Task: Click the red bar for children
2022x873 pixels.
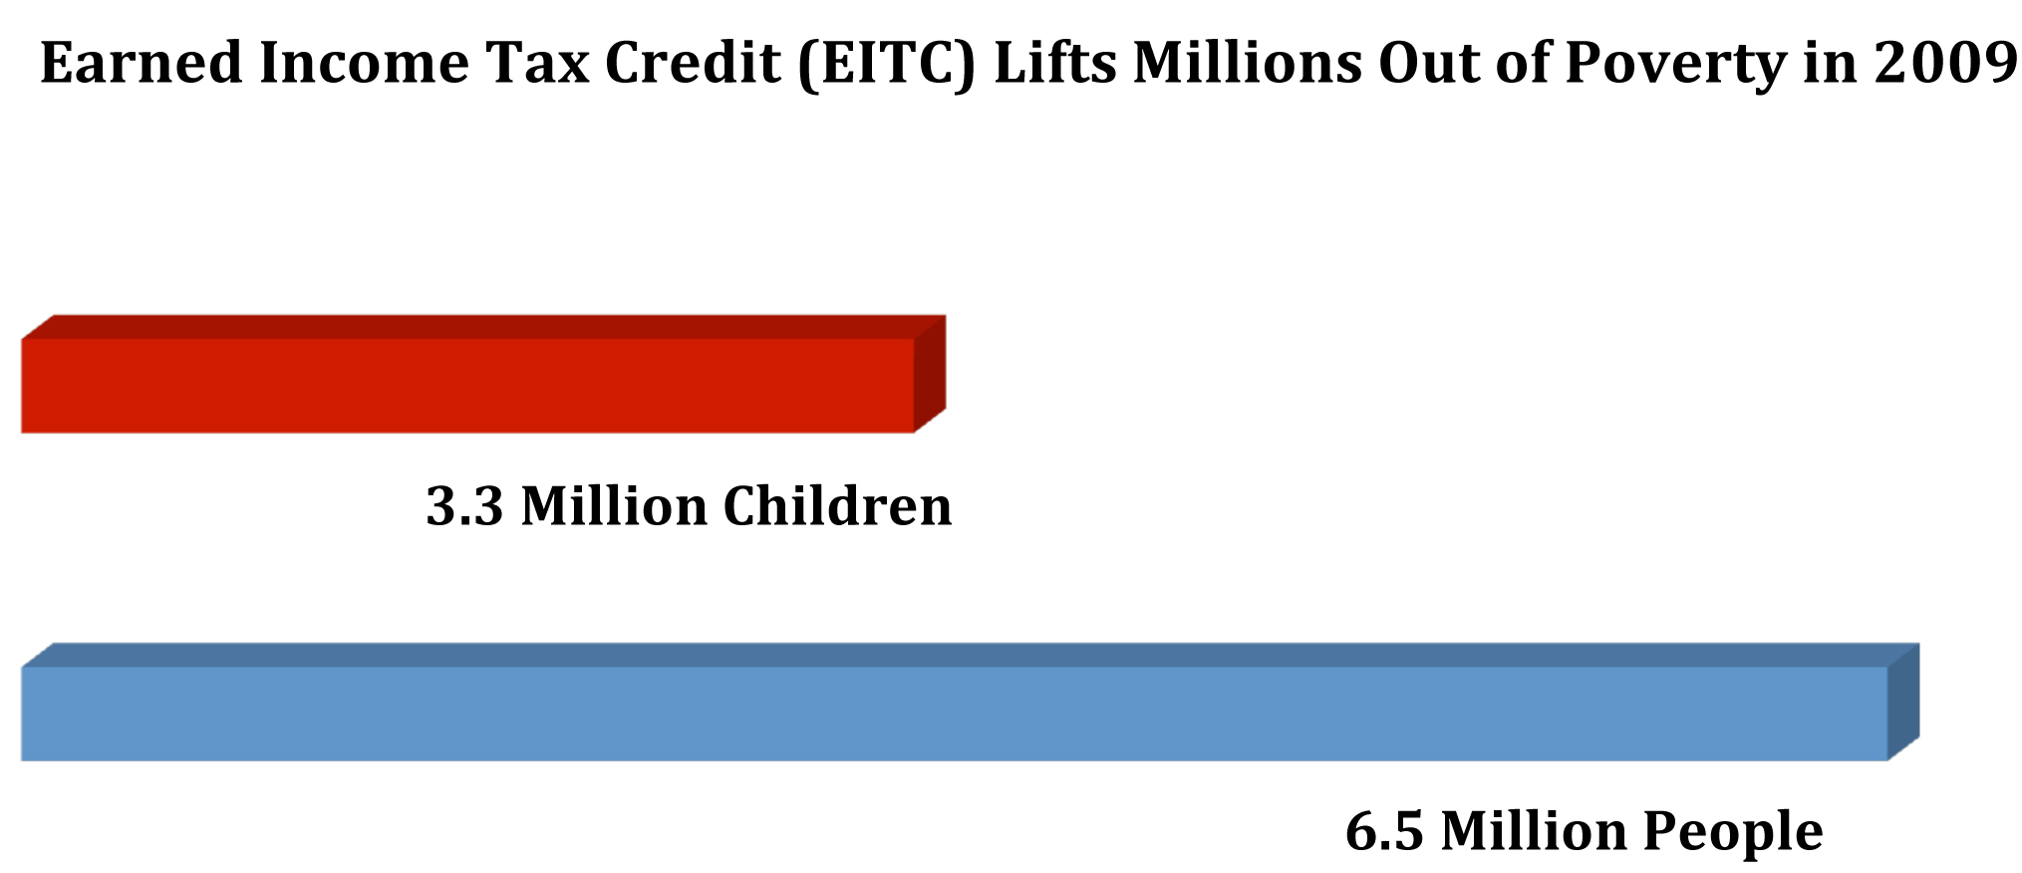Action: click(x=483, y=375)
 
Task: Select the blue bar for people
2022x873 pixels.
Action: click(x=970, y=703)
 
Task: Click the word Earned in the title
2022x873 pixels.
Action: click(x=142, y=63)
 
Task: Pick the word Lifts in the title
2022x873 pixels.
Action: click(x=1055, y=63)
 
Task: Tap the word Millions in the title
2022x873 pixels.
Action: click(x=1248, y=63)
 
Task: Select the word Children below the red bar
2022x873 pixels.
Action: click(x=838, y=505)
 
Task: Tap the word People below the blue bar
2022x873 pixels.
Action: click(x=1733, y=832)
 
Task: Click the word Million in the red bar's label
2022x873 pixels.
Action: click(x=615, y=505)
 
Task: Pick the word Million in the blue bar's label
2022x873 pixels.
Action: click(x=1534, y=830)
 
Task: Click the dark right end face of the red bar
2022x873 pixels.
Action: click(x=930, y=374)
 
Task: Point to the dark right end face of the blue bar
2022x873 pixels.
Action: click(x=1904, y=702)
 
